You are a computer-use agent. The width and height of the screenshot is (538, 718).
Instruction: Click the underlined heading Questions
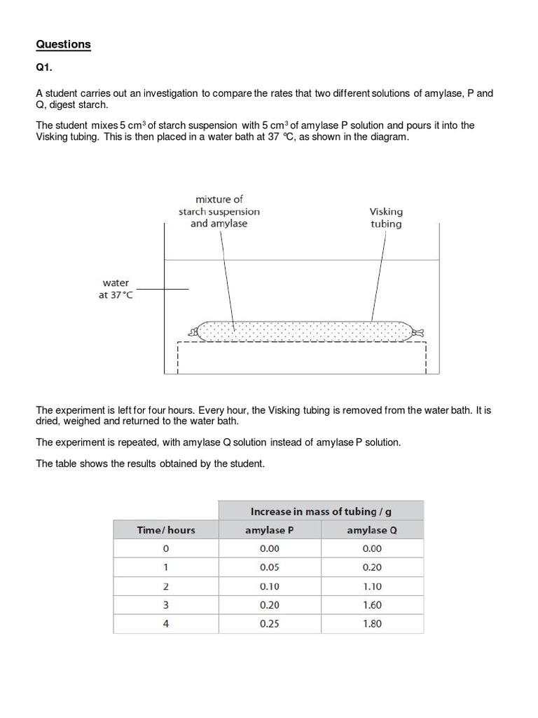point(63,44)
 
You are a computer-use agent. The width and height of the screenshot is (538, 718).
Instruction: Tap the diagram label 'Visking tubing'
point(386,217)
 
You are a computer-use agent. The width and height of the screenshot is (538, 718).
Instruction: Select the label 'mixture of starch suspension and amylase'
point(219,211)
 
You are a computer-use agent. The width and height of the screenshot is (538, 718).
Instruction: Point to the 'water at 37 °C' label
point(116,289)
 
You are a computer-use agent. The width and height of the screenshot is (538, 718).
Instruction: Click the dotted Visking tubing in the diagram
point(301,330)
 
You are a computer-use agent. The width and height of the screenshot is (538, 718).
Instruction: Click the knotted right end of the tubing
point(419,332)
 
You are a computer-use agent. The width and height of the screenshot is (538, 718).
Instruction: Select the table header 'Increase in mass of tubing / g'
point(321,511)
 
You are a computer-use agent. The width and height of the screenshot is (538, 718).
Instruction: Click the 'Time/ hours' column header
point(166,530)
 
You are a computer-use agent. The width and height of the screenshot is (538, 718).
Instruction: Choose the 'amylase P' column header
point(270,530)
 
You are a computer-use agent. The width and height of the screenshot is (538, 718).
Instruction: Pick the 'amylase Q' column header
point(372,530)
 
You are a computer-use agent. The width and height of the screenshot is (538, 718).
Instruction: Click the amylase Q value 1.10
point(372,586)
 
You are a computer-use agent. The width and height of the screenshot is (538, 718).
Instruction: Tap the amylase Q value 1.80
point(372,623)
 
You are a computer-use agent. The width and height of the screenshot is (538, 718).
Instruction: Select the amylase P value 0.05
point(270,567)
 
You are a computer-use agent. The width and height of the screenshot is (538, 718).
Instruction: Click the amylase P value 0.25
point(270,623)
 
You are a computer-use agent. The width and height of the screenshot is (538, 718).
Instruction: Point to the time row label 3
point(166,604)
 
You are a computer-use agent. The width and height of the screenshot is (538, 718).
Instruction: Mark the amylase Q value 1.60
point(372,604)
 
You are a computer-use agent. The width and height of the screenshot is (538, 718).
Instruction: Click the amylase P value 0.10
point(270,586)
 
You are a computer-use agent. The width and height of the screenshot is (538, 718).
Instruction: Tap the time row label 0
point(166,549)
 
